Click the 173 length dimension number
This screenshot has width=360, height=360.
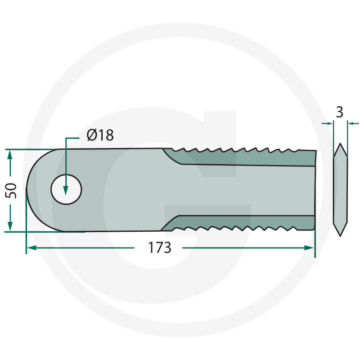point(159,248)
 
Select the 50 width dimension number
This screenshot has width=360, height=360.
point(11,190)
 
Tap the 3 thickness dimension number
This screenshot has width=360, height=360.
point(340,112)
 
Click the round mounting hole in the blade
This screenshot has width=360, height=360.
point(66,189)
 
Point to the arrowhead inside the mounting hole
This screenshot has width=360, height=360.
point(66,190)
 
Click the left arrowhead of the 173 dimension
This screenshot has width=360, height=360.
point(31,248)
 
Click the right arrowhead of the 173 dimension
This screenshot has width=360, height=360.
point(309,248)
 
